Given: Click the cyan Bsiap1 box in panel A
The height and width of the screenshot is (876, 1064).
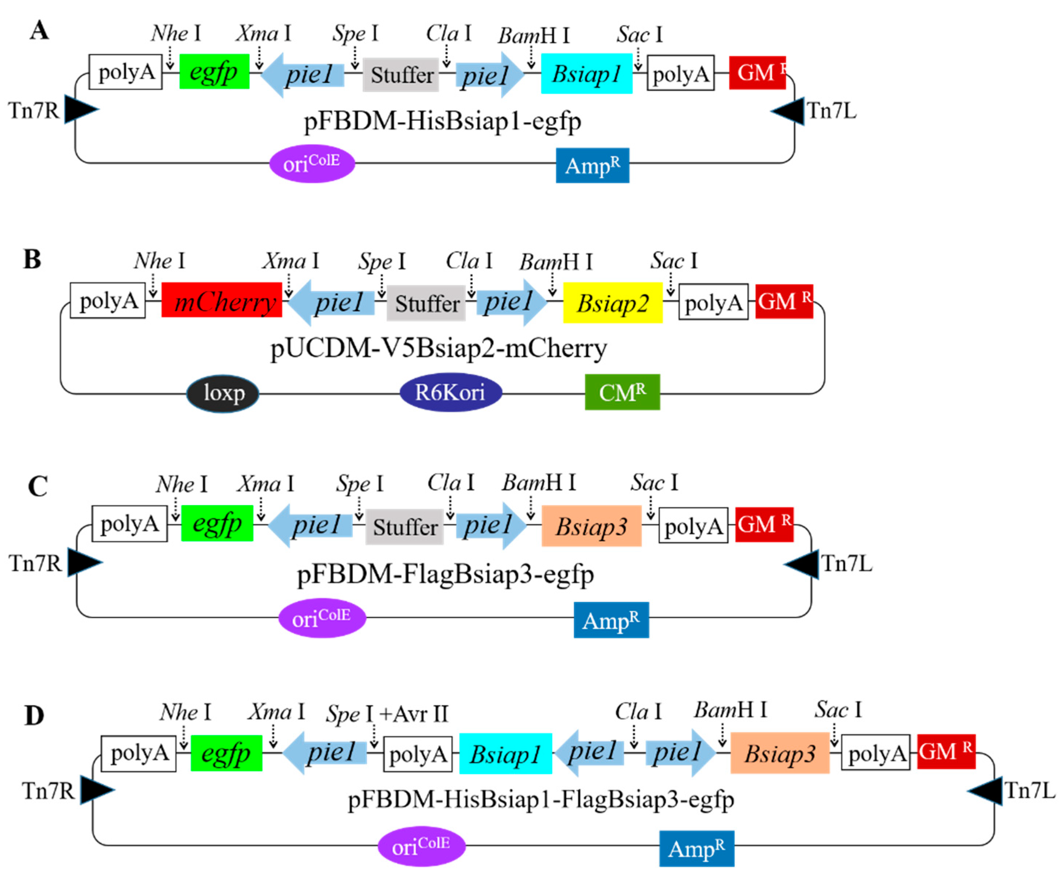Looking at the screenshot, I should coord(586,74).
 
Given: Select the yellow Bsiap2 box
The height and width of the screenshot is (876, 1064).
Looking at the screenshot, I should coord(612,303).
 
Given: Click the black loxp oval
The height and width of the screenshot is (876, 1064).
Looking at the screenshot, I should coord(223,393).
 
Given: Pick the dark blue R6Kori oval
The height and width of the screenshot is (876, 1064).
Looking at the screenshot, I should coord(450,392).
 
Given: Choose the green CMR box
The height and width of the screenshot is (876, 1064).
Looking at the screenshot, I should coord(622,392).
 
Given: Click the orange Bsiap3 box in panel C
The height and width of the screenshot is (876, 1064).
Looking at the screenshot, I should coord(591,526).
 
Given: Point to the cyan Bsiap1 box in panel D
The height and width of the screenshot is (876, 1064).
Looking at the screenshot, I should coord(505,754).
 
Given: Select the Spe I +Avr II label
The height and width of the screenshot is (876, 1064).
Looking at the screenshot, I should coord(387,713).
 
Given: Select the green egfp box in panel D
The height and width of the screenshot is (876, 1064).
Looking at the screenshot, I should coord(226,753).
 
